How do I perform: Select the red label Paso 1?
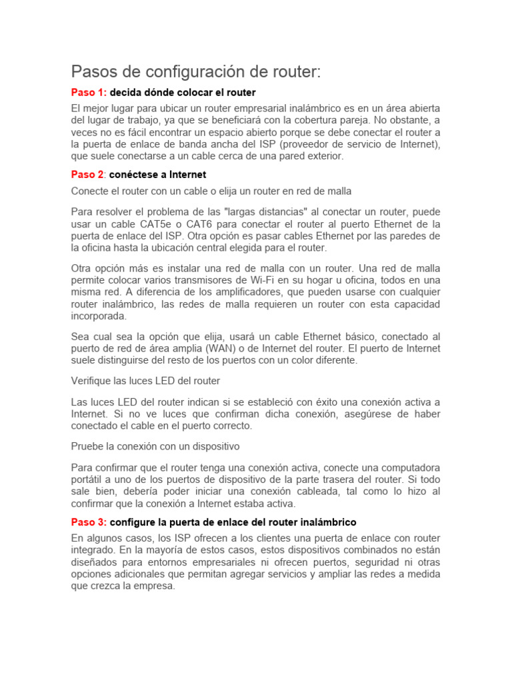(x=89, y=92)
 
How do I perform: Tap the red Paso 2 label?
(x=88, y=175)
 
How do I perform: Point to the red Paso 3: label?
(x=89, y=522)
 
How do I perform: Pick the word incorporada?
(x=99, y=316)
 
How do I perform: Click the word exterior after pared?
(x=323, y=156)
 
